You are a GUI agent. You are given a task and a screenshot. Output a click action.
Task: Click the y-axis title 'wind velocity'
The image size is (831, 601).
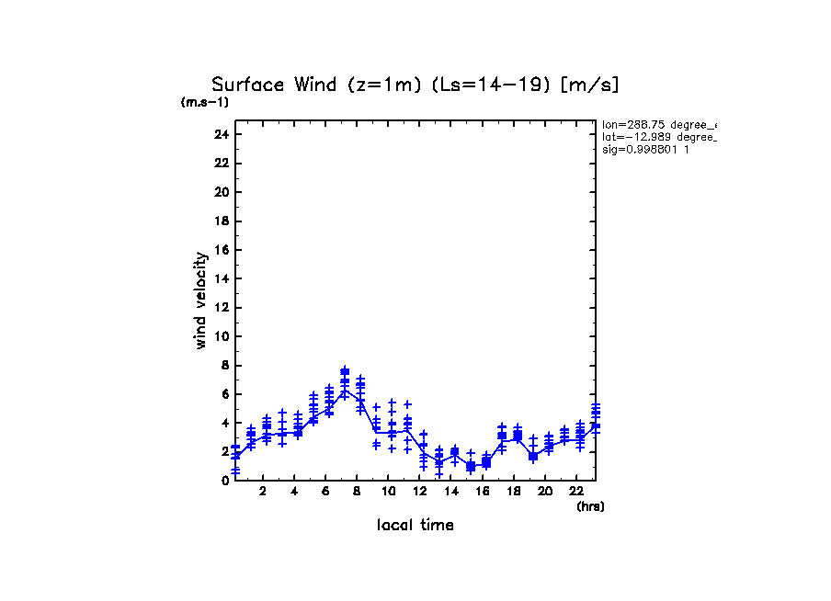pos(200,300)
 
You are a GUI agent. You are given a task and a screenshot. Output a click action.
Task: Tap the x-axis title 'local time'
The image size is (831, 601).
pos(415,525)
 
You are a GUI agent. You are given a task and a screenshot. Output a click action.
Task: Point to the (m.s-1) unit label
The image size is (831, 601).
pos(205,102)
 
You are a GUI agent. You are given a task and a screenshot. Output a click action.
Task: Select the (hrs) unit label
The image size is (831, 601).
pos(590,505)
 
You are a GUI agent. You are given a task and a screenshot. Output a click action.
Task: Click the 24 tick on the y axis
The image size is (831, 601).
pos(221,134)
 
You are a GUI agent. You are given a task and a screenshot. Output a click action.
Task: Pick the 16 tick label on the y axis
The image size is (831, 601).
pos(221,250)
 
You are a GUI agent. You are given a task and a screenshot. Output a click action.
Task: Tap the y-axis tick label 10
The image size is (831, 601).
pos(221,336)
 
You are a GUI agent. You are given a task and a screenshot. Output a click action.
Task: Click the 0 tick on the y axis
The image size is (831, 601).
pos(224,480)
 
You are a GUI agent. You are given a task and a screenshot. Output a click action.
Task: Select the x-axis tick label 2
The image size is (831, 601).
pos(263,493)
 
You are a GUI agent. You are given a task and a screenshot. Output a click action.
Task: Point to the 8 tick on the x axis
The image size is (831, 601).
pos(357,493)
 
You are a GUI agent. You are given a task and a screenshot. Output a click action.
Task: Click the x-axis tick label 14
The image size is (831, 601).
pos(450,493)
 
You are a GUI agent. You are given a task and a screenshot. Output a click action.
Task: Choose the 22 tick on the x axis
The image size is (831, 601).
pos(575,493)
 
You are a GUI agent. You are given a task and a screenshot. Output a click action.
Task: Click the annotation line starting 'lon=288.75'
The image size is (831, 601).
pos(658,124)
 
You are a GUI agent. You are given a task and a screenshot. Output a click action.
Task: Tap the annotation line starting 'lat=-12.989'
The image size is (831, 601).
pos(658,136)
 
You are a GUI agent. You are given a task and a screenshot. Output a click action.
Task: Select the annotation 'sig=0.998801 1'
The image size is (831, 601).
pos(645,148)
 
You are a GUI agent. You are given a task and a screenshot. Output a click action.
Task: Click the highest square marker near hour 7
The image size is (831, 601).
pos(345,372)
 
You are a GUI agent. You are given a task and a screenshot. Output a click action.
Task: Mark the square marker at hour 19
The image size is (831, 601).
pos(533,456)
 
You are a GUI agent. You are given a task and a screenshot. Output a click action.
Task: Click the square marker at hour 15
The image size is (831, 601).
pos(471,466)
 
